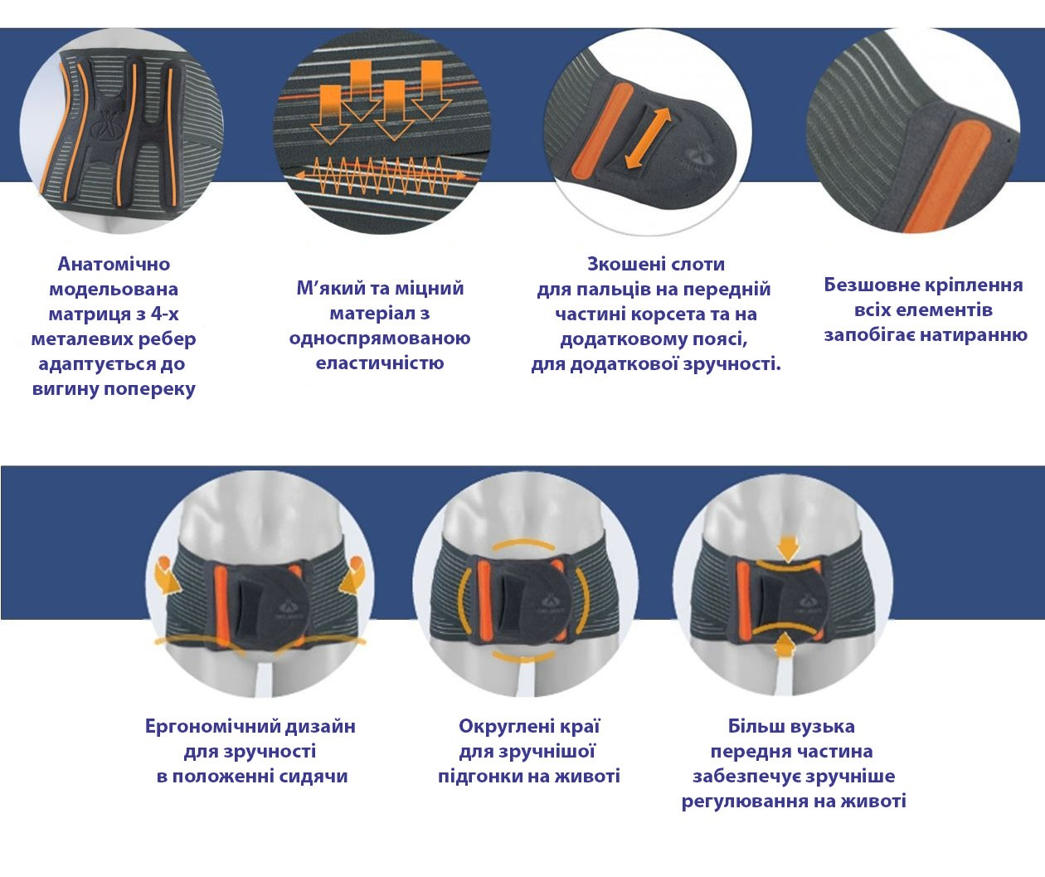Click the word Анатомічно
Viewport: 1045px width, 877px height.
click(x=114, y=264)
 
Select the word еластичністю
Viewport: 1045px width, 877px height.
click(x=379, y=363)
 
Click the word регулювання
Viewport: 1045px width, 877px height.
click(x=745, y=801)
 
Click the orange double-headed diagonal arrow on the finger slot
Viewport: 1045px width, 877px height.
click(x=648, y=139)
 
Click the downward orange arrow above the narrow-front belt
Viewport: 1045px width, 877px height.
click(x=788, y=548)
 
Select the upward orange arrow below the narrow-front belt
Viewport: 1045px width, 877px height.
click(x=785, y=645)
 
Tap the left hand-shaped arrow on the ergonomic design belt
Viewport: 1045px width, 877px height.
click(x=168, y=576)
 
